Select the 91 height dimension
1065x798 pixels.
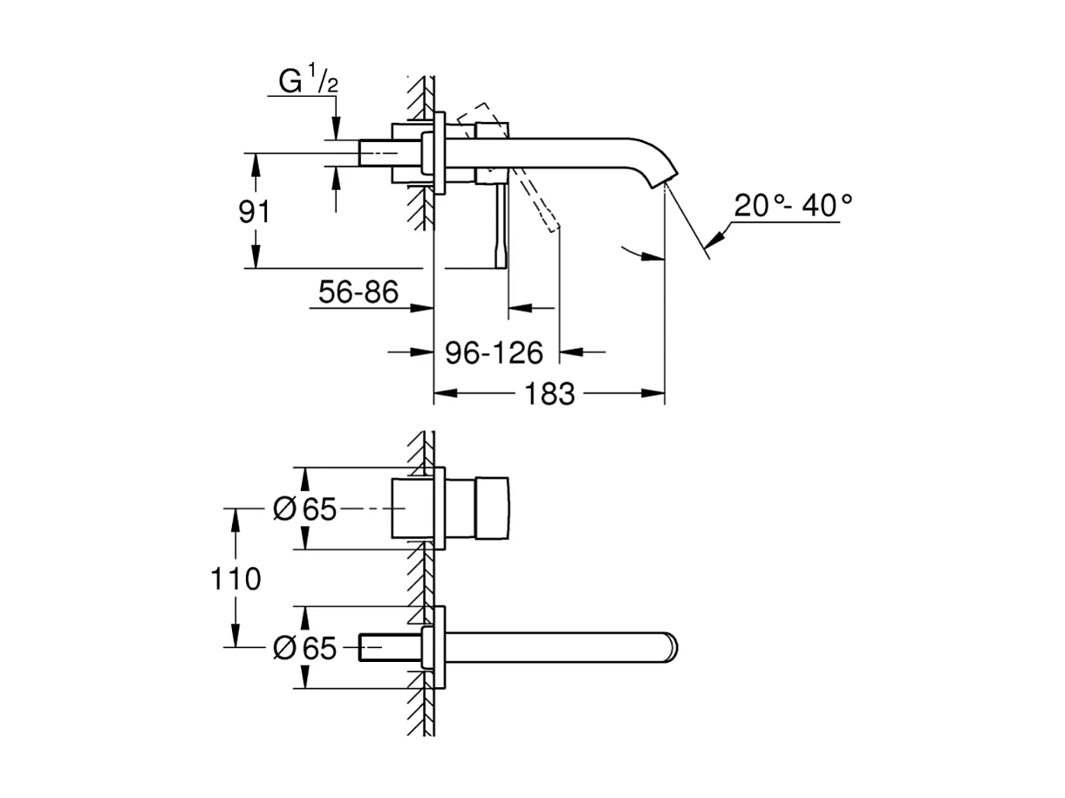[x=255, y=212]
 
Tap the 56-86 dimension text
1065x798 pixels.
[x=358, y=293]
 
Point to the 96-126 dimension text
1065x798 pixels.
[x=494, y=352]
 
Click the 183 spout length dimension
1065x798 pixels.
[x=550, y=394]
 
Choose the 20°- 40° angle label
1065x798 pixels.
[x=792, y=206]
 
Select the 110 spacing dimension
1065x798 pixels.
[x=235, y=577]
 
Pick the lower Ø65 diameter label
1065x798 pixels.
[x=304, y=648]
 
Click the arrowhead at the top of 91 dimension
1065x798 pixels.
[x=255, y=162]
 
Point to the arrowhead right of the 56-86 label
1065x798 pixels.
[x=423, y=308]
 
